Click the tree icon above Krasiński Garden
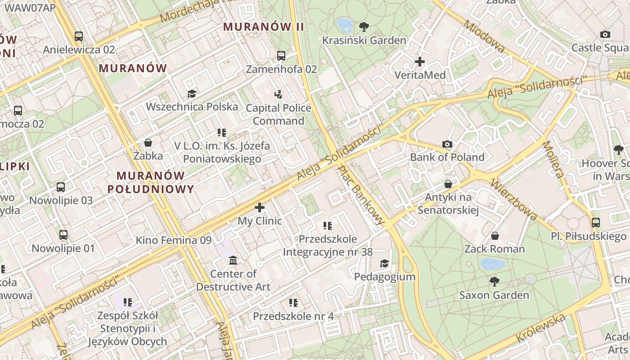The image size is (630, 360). click(364, 27)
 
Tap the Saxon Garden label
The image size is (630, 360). click(494, 295)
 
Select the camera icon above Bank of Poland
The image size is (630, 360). click(447, 144)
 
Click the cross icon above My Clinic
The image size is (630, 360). click(260, 207)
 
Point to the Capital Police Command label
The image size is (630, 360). click(278, 114)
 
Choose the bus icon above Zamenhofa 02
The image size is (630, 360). click(281, 56)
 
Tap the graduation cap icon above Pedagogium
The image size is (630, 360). click(384, 263)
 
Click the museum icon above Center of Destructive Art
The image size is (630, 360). click(233, 261)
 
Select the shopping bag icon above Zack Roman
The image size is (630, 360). click(495, 236)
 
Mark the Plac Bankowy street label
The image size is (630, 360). click(361, 195)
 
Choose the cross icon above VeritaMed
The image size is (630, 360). click(420, 62)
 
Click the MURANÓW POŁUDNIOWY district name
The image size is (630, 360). click(150, 182)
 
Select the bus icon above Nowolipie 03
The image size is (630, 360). click(61, 187)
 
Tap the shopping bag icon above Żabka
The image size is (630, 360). click(148, 143)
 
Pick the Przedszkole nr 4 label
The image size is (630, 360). click(293, 316)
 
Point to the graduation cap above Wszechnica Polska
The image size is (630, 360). click(192, 94)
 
